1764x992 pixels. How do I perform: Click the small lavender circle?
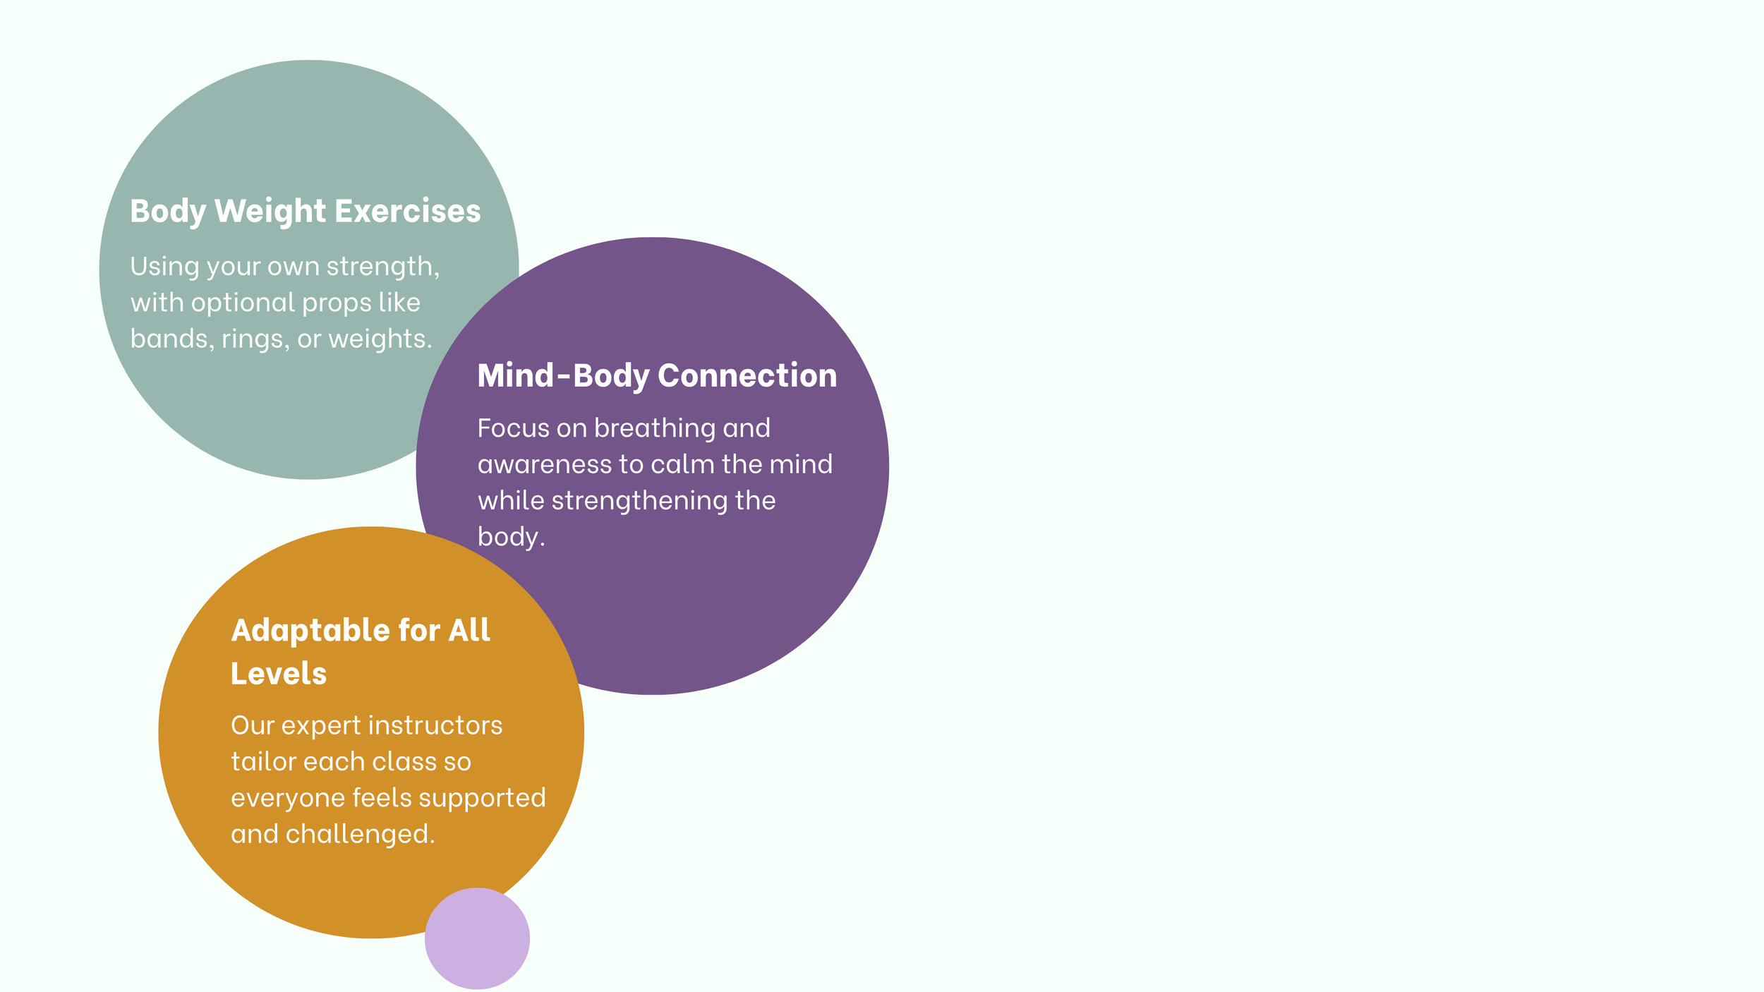(x=477, y=938)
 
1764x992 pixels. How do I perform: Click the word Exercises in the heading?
(x=407, y=211)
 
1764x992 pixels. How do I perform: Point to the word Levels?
(x=279, y=674)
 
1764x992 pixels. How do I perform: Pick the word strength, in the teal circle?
(x=383, y=267)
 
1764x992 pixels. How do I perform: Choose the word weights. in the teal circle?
(x=380, y=339)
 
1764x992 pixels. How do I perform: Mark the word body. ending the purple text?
(x=512, y=537)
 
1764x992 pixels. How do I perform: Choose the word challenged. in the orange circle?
(x=361, y=835)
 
